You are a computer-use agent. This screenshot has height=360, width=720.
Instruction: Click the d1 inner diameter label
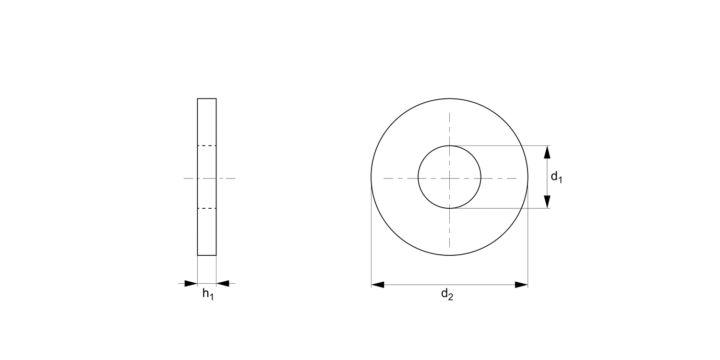coord(556,177)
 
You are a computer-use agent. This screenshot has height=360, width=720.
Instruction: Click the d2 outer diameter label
coord(447,295)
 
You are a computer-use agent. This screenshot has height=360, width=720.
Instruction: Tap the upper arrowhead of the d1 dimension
coord(547,152)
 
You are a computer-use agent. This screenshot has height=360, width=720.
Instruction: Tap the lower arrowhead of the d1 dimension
coord(547,202)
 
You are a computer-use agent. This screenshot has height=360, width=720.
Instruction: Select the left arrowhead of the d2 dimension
coord(378,285)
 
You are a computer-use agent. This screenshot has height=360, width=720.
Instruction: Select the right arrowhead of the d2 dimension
coord(521,285)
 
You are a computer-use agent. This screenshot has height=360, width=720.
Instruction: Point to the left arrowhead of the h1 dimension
coord(191,283)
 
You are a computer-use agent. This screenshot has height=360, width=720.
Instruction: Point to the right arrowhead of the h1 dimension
coord(223,283)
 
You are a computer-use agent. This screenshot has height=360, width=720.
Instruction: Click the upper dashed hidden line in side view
coord(207,145)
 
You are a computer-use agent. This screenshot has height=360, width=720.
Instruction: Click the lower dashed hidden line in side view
coord(207,208)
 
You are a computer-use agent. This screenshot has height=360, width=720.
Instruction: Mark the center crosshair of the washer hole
coord(449,179)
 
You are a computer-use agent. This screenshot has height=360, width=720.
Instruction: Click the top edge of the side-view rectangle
coord(207,98)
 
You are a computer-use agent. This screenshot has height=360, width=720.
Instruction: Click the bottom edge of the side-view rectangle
coord(207,255)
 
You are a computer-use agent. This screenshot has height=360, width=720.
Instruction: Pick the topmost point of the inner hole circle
coord(449,145)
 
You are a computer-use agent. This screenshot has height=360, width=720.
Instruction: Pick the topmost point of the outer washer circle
coord(449,98)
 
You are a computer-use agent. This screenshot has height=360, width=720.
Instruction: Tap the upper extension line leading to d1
coord(499,145)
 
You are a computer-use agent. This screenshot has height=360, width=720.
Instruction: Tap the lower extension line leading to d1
coord(499,208)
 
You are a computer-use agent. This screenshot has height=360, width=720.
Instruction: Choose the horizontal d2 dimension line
coord(449,285)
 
